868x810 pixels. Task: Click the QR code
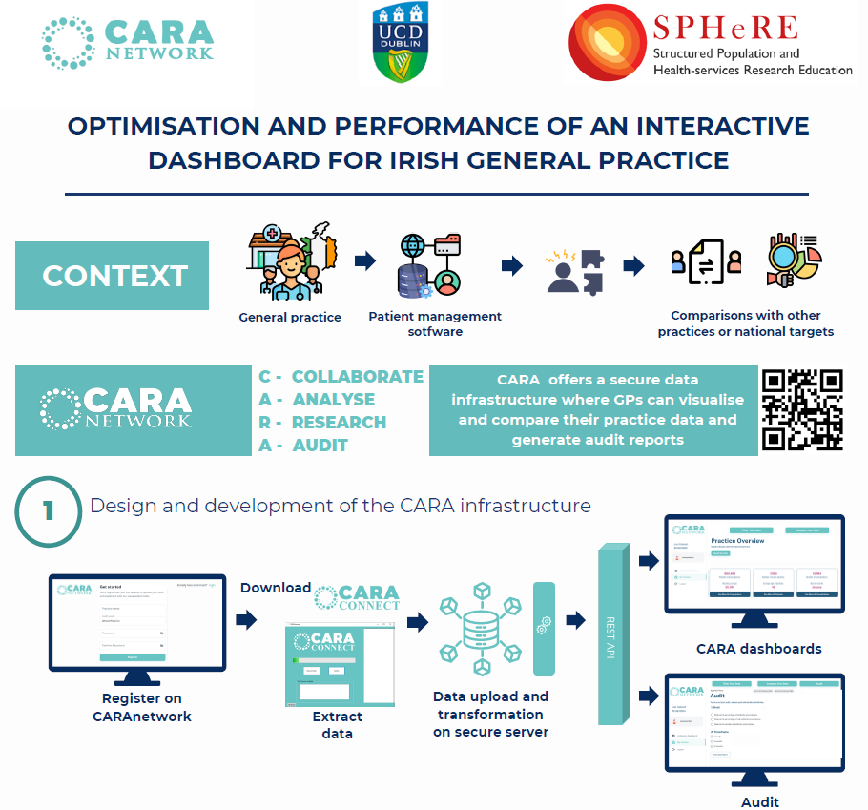pos(803,410)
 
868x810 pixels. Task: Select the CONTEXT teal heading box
pos(113,276)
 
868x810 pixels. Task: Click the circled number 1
pos(48,509)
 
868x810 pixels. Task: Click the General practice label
pos(290,317)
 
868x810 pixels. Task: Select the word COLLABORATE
pos(357,377)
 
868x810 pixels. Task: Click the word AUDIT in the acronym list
pos(320,446)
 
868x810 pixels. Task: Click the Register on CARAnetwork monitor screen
pos(137,621)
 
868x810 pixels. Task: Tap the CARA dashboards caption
pos(759,649)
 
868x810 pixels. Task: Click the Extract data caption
pos(338,724)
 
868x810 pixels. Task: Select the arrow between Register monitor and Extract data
pos(246,621)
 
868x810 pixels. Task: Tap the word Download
pos(276,588)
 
